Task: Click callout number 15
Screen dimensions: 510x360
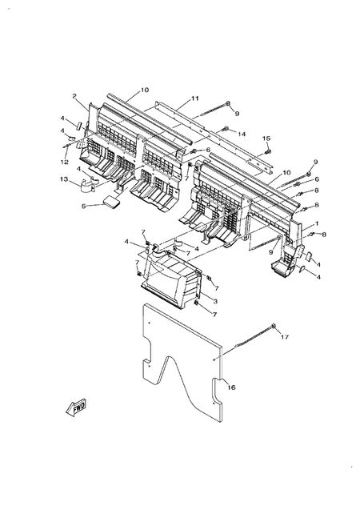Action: click(268, 139)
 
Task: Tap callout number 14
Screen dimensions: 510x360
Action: click(242, 134)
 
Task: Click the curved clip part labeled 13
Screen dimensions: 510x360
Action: click(90, 189)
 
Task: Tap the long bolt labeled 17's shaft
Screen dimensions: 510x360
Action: click(248, 338)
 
